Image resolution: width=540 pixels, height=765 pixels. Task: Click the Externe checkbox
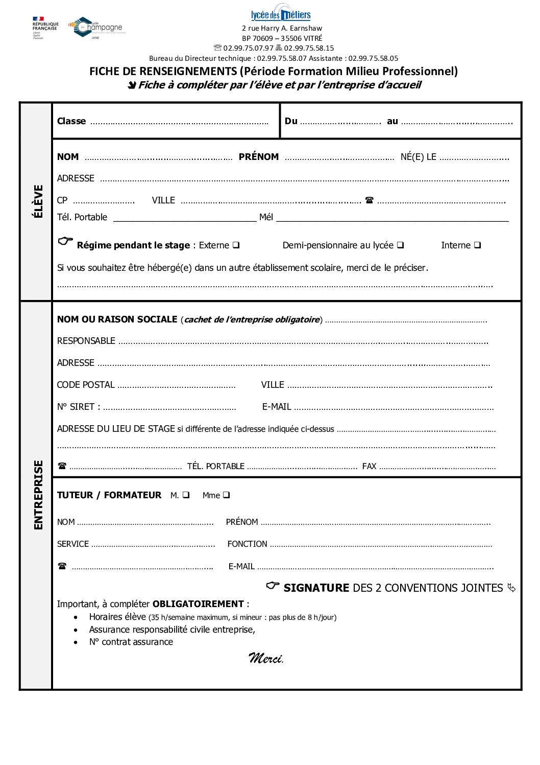point(236,245)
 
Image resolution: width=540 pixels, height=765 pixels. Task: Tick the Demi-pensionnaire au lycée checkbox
point(400,245)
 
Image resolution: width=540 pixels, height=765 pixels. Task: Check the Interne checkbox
point(477,245)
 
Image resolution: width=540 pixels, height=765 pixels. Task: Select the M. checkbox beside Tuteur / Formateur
point(186,495)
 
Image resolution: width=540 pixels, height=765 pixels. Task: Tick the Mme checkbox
point(226,495)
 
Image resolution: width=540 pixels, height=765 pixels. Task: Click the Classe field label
point(71,121)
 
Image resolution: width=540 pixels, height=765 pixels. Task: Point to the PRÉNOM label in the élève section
point(259,157)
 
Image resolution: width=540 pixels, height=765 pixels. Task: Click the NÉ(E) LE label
point(419,157)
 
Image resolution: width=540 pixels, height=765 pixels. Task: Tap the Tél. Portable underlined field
point(184,218)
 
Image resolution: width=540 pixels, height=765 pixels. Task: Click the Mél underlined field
point(392,218)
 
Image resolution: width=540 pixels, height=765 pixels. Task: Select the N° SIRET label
point(78,407)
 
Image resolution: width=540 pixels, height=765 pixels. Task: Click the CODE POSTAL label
point(86,385)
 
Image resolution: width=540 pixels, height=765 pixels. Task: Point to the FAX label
point(369,466)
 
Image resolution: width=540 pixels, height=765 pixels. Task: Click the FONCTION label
point(248,544)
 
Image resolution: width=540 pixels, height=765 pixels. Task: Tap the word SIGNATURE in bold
point(316,588)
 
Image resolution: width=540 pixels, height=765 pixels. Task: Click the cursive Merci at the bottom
point(266,658)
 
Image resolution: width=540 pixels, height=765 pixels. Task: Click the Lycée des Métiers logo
point(281,15)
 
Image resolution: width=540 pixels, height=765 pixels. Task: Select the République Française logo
point(45,27)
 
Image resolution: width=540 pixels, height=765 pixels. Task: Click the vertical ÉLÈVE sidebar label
point(38,201)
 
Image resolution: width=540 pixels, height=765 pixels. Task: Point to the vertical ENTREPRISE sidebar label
point(38,495)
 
